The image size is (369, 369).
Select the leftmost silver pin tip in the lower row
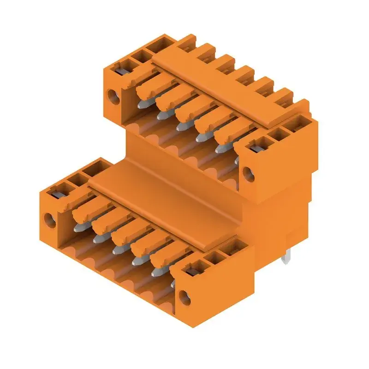(x=77, y=227)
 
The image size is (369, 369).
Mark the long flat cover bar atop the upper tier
(x=221, y=88)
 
